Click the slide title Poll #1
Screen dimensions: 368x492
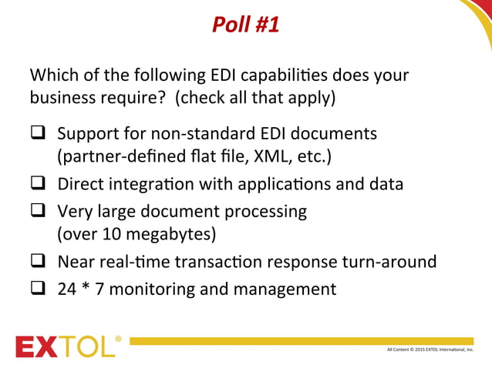tap(246, 25)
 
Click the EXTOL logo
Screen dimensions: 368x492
tap(65, 347)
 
